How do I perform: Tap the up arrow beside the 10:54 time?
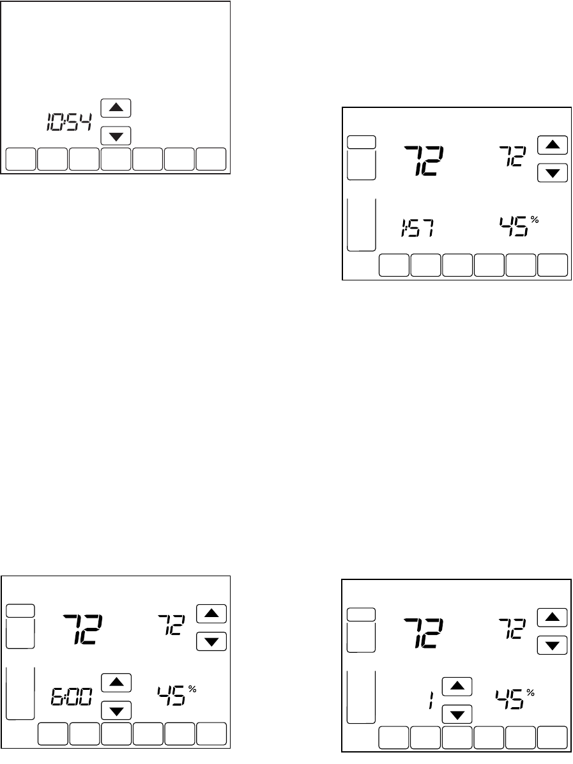point(116,108)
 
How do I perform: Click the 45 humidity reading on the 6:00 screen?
point(171,696)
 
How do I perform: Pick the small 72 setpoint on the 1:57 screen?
point(512,155)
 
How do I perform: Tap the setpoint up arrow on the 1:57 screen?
point(553,145)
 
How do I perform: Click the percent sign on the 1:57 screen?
point(535,219)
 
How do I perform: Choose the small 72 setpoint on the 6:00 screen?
point(172,623)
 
